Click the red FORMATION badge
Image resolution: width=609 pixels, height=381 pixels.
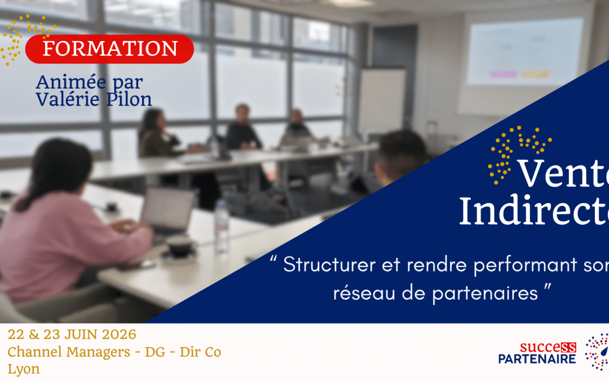click(x=110, y=49)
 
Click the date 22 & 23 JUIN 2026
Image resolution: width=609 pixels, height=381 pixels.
click(x=72, y=334)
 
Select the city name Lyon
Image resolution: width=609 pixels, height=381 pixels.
click(x=24, y=369)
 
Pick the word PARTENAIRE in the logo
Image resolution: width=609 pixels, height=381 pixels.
click(x=537, y=359)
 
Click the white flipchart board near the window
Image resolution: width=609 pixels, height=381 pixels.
click(x=382, y=102)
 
